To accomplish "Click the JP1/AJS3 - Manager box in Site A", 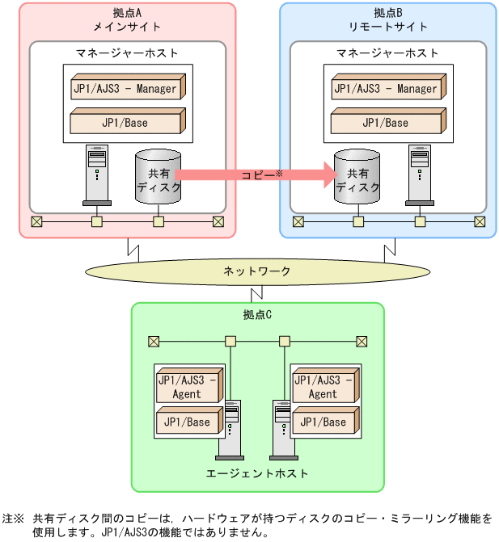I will [126, 88].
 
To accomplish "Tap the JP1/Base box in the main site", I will [126, 123].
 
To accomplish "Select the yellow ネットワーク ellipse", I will [256, 271].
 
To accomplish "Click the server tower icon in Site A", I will [96, 174].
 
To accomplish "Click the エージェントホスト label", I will [256, 473].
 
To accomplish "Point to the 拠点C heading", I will [256, 314].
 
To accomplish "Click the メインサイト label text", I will [127, 27].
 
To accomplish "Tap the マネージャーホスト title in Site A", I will [127, 53].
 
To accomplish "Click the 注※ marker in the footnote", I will [13, 518].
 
